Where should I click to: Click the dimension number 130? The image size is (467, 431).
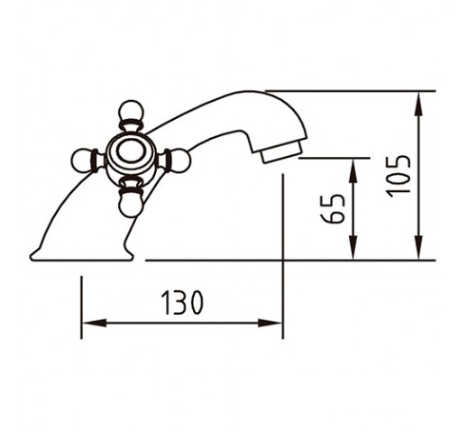point(182,302)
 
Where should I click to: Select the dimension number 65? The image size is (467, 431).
point(332,208)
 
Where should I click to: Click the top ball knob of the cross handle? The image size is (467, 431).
point(130,111)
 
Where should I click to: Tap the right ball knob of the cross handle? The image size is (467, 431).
point(180,160)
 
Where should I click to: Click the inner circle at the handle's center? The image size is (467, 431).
point(131,151)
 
